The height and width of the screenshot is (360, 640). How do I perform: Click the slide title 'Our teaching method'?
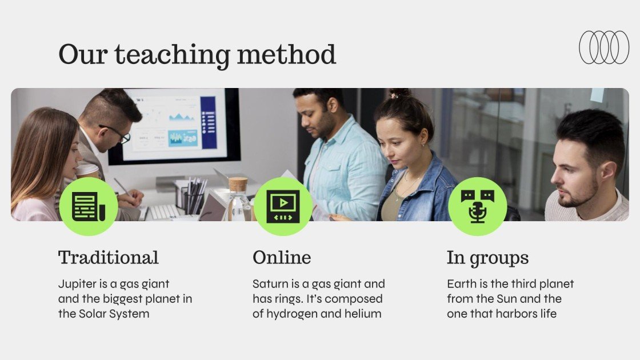coord(197,55)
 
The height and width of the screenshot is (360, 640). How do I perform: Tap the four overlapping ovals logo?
coord(604,47)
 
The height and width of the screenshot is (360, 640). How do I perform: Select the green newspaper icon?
coord(89,206)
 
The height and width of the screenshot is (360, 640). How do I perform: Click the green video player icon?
coord(283,206)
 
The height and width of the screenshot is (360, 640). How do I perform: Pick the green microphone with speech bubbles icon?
coord(477,206)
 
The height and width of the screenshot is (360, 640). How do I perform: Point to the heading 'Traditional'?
coord(109,258)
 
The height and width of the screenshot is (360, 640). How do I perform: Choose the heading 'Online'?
coord(282,258)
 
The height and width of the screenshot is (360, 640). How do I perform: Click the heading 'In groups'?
coord(487,258)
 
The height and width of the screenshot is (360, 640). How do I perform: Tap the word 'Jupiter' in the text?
coord(77,284)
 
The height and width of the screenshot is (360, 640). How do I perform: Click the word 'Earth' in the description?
coord(461,284)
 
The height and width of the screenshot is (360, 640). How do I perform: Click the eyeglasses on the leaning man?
coord(118,134)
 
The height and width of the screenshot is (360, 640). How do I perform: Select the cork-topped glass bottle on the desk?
coord(238,200)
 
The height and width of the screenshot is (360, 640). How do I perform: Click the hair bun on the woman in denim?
coord(400,93)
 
